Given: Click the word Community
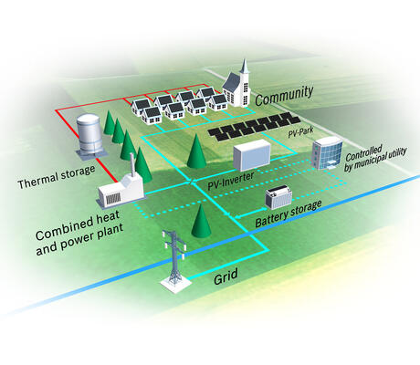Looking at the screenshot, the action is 284,96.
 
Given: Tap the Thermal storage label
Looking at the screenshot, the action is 57,176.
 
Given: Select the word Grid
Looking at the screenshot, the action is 226,276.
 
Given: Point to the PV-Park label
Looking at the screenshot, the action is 300,132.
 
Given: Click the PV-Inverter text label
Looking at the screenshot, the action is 231,181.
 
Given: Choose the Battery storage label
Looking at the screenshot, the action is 289,214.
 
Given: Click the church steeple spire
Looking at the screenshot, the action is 245,67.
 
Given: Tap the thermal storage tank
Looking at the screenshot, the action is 89,134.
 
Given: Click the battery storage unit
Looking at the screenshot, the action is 278,197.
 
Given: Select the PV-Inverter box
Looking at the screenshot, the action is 252,155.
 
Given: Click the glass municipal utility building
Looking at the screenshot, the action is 327,152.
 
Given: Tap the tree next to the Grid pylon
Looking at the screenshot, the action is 201,221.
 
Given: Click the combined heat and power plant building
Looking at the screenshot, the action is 121,192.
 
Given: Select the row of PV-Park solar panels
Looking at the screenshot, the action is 255,126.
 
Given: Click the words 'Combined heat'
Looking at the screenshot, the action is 78,225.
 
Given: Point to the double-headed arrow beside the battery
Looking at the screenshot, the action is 249,213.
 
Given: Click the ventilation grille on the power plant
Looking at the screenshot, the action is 113,199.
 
